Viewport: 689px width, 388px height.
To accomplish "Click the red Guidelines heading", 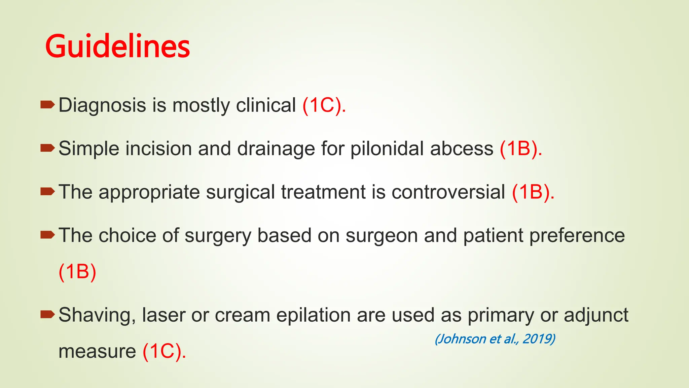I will pos(117,46).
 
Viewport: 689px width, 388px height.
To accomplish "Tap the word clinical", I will pos(266,105).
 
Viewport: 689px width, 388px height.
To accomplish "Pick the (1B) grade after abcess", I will pos(520,149).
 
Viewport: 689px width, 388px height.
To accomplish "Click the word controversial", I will pos(448,192).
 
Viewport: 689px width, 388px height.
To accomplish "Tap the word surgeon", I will pos(382,236).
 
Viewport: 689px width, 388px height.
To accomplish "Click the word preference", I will pos(577,236).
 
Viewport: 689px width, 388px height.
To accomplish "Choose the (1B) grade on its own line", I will pos(77,271).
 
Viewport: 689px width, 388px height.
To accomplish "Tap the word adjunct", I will pos(596,316).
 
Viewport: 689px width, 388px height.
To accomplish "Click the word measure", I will pos(97,351).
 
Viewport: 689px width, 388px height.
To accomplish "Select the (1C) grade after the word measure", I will pos(164,351).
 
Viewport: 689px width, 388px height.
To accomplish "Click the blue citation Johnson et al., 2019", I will pos(495,339).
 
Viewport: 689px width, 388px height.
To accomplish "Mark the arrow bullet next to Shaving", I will pos(47,315).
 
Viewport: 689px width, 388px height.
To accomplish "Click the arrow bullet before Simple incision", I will pos(47,148).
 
